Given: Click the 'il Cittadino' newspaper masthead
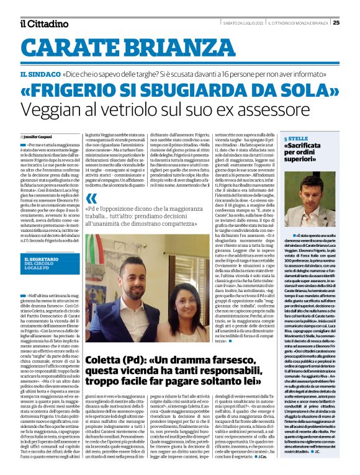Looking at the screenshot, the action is (43, 24).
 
